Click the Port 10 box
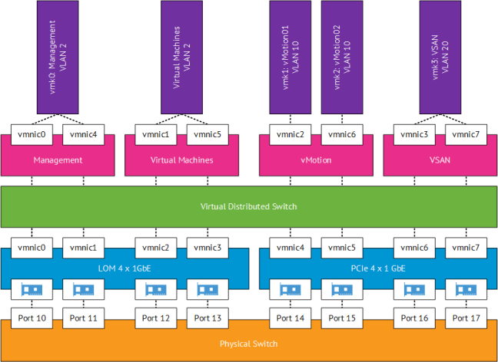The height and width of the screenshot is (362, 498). coord(31,317)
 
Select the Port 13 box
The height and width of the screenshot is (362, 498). coord(207,317)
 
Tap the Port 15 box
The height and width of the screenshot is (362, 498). coord(341,317)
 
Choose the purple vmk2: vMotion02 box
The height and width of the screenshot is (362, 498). coord(341,58)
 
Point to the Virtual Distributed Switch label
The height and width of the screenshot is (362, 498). coord(248,206)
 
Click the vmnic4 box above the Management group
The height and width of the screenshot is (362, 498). coord(83,135)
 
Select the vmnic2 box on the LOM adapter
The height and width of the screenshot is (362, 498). coord(156,248)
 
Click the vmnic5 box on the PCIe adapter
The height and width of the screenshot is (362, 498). coord(341,248)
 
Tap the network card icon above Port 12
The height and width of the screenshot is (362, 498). coord(156,290)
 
